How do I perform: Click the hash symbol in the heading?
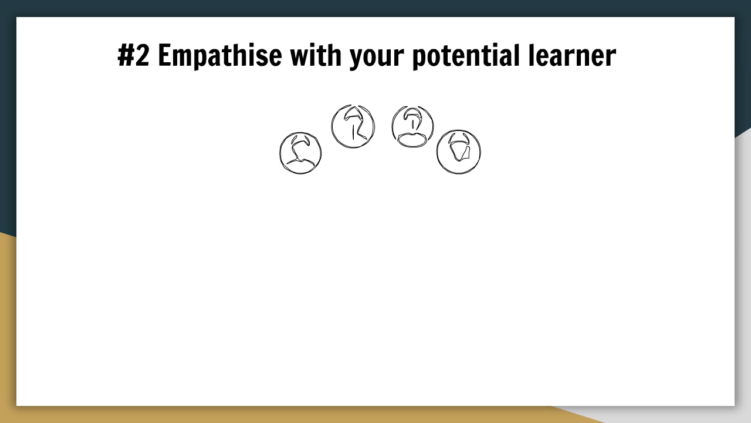click(x=126, y=55)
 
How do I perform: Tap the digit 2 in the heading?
click(x=143, y=55)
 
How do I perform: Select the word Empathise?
click(x=220, y=56)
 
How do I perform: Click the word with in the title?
click(x=316, y=55)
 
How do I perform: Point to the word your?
click(x=377, y=58)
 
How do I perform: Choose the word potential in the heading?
click(x=466, y=56)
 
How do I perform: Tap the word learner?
click(x=572, y=55)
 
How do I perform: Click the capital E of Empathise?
click(x=164, y=55)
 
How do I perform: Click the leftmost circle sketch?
click(x=300, y=153)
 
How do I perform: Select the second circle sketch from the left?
click(x=353, y=126)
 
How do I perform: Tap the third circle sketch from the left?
click(x=412, y=126)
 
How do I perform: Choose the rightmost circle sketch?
click(x=459, y=152)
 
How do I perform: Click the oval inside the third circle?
click(x=412, y=139)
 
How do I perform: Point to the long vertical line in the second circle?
click(x=353, y=132)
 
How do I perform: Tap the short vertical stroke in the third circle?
click(x=412, y=125)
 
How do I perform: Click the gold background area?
click(x=8, y=329)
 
